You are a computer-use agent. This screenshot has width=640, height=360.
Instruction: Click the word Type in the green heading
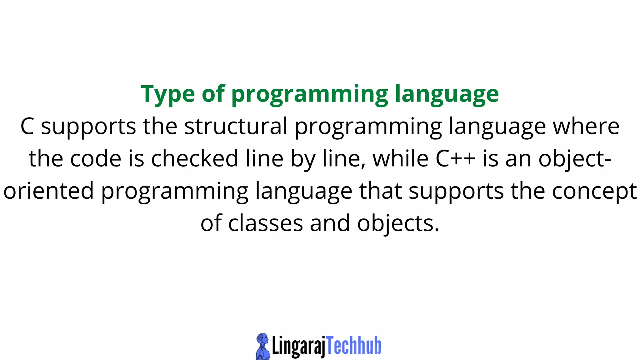point(168,94)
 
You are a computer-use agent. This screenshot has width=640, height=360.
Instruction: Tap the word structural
point(236,126)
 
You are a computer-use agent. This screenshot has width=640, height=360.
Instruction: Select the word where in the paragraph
point(586,126)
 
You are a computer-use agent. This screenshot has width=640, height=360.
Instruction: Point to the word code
point(95,159)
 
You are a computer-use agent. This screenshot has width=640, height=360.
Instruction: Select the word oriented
point(49,191)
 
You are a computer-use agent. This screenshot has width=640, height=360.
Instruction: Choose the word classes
point(266,223)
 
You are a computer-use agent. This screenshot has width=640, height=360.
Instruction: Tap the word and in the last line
point(330,223)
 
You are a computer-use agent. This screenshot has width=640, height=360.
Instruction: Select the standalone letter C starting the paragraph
point(27,126)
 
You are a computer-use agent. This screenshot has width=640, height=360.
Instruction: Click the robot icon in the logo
point(262,346)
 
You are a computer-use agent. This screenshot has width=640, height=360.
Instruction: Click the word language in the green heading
point(447,94)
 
